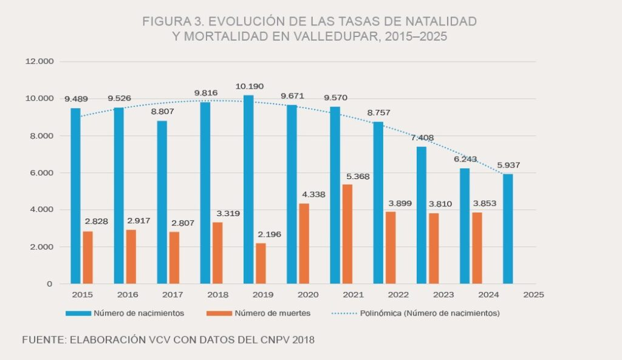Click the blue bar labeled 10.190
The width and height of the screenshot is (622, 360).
pos(248,189)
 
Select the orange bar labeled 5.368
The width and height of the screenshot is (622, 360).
pos(347,234)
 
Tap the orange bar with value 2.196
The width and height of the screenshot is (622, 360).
pos(261,263)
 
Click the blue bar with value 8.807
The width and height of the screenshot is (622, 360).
pos(162,202)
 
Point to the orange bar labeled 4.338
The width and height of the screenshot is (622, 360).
pos(304,243)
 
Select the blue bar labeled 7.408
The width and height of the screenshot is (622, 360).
pos(422,215)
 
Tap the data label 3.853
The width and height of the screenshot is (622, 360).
pos(484,203)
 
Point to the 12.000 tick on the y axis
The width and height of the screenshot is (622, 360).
pos(39,62)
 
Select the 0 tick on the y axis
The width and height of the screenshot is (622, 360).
pos(50,284)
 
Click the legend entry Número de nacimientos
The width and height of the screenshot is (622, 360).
pos(138,313)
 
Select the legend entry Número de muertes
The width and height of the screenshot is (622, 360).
pos(281,313)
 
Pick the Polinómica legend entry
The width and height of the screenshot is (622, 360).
pos(429,313)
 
